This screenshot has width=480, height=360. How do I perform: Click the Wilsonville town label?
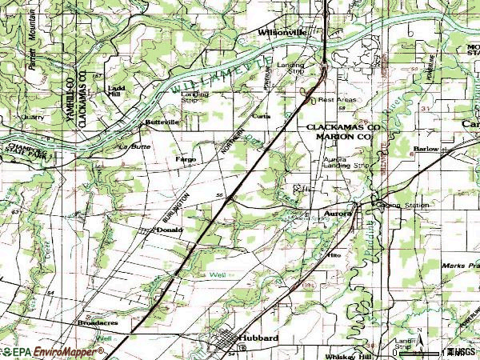tap(282, 33)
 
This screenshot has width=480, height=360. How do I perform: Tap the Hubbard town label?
tap(261, 338)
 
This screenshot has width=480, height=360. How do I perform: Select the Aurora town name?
tap(339, 214)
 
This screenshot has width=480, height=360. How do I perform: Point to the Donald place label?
tap(170, 230)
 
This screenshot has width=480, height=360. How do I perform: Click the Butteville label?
tap(162, 122)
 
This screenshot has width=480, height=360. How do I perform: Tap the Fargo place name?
tap(186, 159)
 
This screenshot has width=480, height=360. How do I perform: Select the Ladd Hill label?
tap(117, 90)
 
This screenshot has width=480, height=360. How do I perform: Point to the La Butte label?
tap(134, 146)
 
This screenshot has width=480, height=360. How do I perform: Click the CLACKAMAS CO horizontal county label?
tap(340, 127)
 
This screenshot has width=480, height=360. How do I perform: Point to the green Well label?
tap(218, 274)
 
